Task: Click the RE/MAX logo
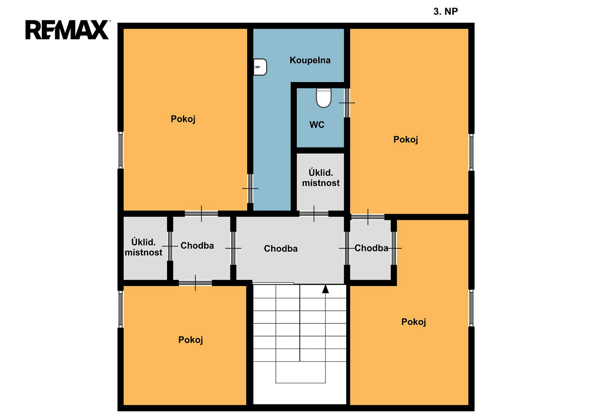(x=67, y=30)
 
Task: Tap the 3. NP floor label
(x=445, y=11)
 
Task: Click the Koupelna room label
(x=310, y=60)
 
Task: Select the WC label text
(x=317, y=124)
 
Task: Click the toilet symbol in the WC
(x=323, y=98)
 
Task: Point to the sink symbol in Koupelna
(x=260, y=67)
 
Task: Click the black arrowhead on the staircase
(x=326, y=289)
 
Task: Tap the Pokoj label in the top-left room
(x=183, y=119)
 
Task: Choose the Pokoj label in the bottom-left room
(x=191, y=340)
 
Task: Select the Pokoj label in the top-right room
(x=406, y=140)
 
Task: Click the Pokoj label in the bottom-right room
(x=414, y=322)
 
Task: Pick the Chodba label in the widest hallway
(x=281, y=248)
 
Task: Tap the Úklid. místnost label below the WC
(x=321, y=178)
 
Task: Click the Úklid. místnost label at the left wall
(x=144, y=247)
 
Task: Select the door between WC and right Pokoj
(x=347, y=103)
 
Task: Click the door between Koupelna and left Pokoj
(x=250, y=189)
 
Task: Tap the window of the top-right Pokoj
(x=471, y=152)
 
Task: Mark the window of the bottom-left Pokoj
(x=121, y=309)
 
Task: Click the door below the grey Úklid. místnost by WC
(x=314, y=214)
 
